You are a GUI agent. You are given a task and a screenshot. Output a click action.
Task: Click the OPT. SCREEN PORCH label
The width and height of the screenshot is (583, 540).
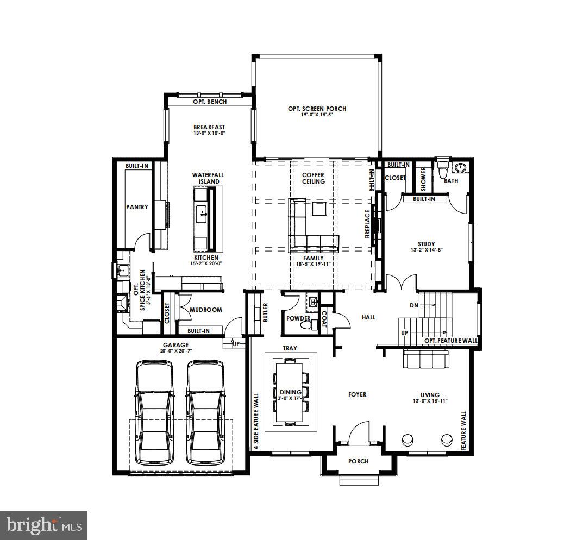point(317,109)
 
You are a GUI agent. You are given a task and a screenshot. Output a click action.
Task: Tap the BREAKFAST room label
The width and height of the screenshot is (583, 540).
point(209,127)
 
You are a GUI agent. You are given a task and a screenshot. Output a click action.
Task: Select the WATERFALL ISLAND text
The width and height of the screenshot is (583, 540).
point(208,178)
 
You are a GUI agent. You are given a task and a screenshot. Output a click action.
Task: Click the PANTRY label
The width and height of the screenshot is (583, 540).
point(137,207)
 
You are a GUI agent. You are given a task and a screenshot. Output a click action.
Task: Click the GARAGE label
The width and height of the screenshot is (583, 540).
point(175,345)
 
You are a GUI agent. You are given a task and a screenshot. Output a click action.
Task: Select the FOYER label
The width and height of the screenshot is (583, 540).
point(357,394)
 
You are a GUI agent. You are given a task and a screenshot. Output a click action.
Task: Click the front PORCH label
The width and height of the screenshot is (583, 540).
point(358,461)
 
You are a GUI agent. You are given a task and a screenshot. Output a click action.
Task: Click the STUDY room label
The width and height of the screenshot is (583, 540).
point(426,244)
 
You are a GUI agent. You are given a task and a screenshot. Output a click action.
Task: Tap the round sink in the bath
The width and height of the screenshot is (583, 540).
point(461,167)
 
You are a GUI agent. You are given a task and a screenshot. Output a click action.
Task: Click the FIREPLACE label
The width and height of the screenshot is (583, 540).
point(368,225)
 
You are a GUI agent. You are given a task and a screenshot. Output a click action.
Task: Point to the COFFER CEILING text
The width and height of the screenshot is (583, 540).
point(314,178)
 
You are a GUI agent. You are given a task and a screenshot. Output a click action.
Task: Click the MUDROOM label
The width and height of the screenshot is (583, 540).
point(205,310)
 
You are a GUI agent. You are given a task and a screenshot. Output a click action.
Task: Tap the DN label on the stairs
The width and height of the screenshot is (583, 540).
point(414,305)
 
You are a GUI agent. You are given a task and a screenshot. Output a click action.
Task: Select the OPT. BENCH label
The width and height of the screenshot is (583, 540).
point(210,102)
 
